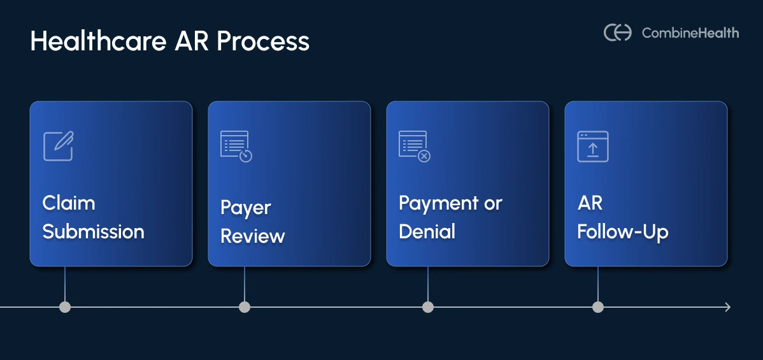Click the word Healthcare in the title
tap(95, 42)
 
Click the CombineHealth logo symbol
tap(617, 32)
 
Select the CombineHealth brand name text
tap(690, 32)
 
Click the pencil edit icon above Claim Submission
tap(58, 146)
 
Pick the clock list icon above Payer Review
tap(236, 146)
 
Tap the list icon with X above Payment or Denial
tap(415, 146)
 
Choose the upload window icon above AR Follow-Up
tap(593, 146)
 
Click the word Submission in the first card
tap(94, 231)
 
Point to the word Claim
tap(69, 203)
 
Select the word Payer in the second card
tap(246, 208)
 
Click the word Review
tap(253, 236)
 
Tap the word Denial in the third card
tap(427, 231)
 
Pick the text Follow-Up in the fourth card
tap(623, 231)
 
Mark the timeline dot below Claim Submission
tap(65, 307)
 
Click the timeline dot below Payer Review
tap(245, 307)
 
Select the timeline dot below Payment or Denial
tap(428, 307)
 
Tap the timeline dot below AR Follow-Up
tap(597, 307)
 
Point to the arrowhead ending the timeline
tap(727, 307)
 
